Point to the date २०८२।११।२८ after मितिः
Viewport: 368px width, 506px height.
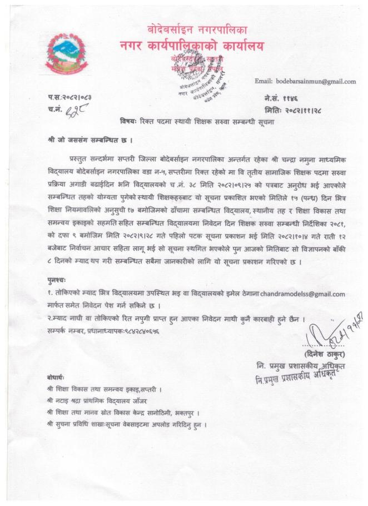pyautogui.click(x=307, y=108)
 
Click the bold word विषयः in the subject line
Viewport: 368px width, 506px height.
pyautogui.click(x=131, y=122)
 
